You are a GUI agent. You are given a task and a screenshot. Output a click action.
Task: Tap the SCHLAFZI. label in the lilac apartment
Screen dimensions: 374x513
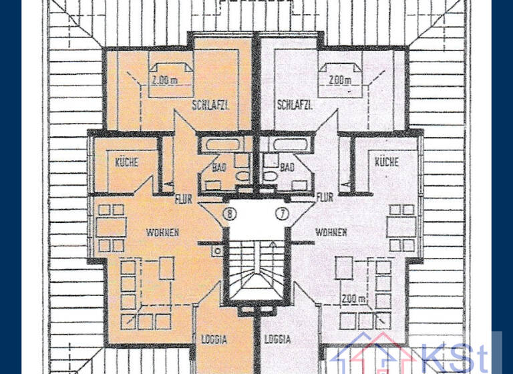(295, 105)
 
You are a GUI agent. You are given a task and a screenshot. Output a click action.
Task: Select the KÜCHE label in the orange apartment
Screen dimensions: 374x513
(126, 161)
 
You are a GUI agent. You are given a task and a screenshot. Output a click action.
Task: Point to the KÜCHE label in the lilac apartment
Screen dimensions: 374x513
(387, 162)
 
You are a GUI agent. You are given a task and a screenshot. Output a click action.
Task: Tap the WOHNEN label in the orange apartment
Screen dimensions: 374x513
(162, 232)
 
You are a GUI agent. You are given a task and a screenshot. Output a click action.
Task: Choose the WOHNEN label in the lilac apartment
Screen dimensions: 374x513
(331, 232)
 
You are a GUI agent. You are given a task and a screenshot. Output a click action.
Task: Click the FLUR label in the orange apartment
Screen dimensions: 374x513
(184, 198)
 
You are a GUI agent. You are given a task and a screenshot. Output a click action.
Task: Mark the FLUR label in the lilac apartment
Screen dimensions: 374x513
(325, 197)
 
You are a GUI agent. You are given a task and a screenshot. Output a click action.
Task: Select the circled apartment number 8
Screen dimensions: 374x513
(230, 214)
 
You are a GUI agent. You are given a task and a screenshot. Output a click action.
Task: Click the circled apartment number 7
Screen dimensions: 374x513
(281, 214)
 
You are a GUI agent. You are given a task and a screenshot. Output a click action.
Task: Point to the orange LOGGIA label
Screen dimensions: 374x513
(214, 339)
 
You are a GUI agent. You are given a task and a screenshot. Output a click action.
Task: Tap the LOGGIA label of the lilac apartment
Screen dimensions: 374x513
(277, 339)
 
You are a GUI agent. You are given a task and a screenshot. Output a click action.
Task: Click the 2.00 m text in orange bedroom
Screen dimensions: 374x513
(163, 81)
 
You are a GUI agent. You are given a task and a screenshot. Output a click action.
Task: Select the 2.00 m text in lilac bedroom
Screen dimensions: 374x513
(340, 81)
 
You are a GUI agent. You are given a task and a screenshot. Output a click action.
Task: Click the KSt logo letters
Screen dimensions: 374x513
(461, 357)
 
